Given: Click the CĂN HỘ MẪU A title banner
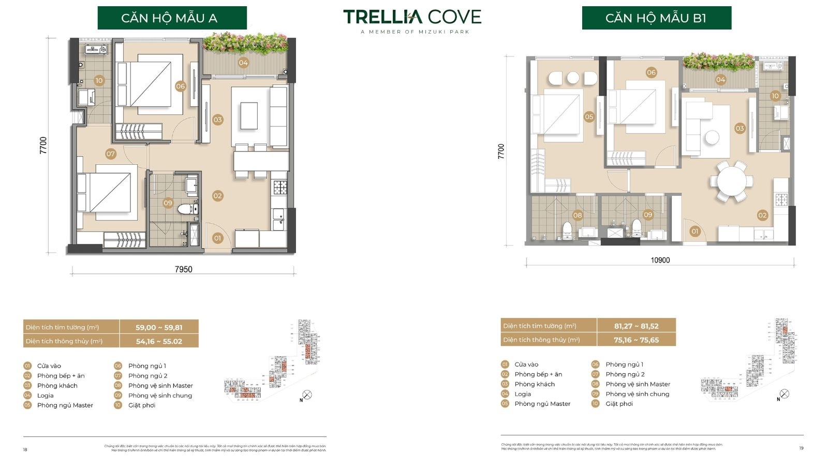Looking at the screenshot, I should coord(172,18).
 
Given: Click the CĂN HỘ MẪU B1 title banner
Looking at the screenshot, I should coord(656,18).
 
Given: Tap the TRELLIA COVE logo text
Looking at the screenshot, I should coord(412,17).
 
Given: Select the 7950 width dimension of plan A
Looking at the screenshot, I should coord(183,269).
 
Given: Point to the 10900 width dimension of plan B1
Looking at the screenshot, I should coord(660,260).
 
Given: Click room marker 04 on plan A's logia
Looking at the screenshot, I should coord(243,63).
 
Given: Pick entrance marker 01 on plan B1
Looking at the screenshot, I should coord(695,231).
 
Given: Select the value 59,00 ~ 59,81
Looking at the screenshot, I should coord(159,327).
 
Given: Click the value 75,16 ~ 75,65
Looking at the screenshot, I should coord(636,340).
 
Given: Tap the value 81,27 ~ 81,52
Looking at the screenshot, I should coord(636,326).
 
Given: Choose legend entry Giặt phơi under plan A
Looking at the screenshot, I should coord(142,405).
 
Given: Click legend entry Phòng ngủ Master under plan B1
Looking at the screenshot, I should coord(542,404).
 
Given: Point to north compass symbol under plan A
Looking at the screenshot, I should coord(307,395).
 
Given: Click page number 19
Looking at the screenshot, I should coord(801,448).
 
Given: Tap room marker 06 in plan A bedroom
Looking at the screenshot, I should coord(180,86).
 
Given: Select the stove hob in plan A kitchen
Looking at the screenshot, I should coord(280,187).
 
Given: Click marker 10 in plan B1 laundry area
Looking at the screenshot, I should coord(775,96).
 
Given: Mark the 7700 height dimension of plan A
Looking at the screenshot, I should coord(43,145).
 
